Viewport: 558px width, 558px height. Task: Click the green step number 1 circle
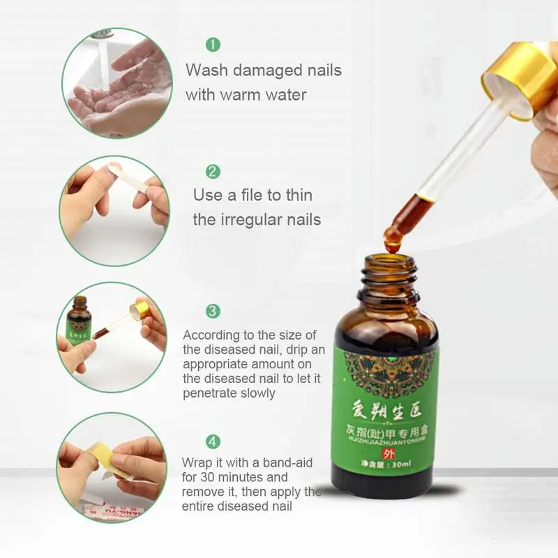213,45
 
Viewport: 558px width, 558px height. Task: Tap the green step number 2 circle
213,172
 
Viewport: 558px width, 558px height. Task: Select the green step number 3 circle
213,311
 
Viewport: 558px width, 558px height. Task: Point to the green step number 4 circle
213,442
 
